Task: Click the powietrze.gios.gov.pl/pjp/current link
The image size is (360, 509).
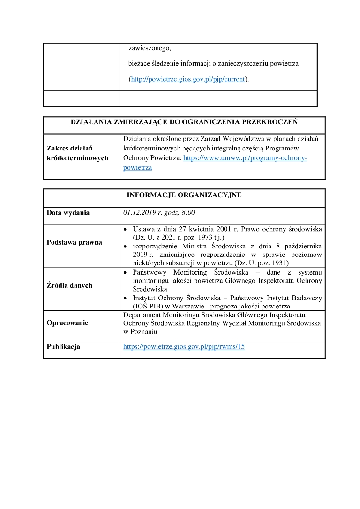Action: (x=188, y=79)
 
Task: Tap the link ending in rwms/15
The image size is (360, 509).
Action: (x=184, y=347)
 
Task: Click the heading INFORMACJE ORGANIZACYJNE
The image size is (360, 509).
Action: (x=184, y=195)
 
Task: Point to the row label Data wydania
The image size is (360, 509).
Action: (x=68, y=213)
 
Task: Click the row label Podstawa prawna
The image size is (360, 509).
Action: (x=74, y=242)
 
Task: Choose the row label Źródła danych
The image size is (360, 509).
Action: (x=69, y=285)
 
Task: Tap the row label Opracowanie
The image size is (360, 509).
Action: (x=67, y=323)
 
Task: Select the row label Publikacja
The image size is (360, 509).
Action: (x=63, y=347)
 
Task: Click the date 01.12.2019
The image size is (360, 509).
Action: (x=140, y=213)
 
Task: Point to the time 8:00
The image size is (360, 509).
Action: (x=188, y=213)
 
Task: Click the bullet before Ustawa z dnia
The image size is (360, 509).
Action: (x=125, y=230)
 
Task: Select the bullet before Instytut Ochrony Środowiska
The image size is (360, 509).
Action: (x=125, y=298)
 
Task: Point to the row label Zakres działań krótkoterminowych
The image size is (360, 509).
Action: (x=77, y=153)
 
